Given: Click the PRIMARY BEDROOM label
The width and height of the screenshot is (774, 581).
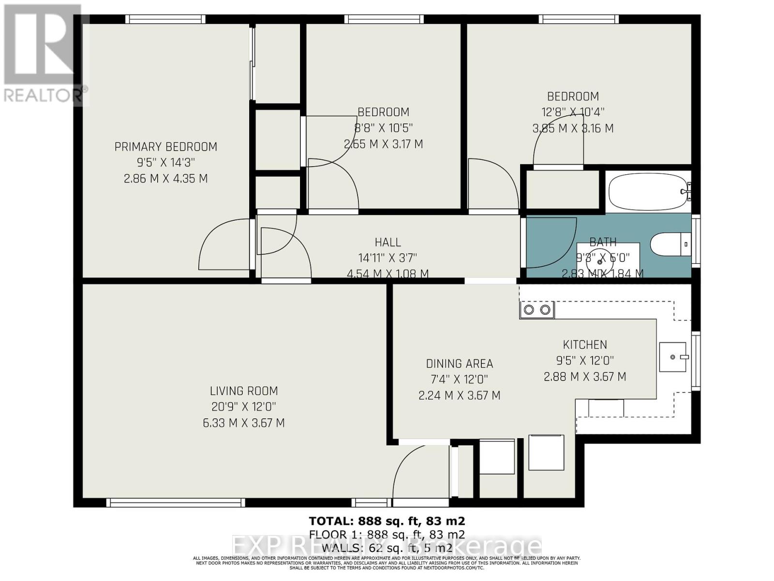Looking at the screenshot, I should click(x=165, y=147).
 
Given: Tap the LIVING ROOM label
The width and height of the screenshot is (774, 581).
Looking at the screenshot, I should click(x=243, y=391).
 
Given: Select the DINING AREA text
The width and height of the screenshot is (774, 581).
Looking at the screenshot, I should click(x=459, y=364).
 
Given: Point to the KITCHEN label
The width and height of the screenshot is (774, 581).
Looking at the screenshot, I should click(x=584, y=345).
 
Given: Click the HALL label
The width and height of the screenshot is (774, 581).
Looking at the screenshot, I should click(x=387, y=242).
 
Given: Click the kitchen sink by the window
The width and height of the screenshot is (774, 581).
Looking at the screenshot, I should click(x=673, y=357).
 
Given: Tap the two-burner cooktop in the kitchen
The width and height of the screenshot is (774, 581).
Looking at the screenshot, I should click(x=537, y=309).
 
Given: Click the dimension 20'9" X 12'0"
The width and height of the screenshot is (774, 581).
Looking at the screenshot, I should click(x=243, y=407).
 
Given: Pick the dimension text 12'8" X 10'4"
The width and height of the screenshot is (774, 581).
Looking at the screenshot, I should click(x=573, y=112).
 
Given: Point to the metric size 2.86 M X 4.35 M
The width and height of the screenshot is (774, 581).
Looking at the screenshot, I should click(x=165, y=179).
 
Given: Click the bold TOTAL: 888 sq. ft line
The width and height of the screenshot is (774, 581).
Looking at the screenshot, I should click(x=387, y=521).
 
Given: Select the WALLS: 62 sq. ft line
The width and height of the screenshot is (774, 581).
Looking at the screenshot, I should click(x=387, y=548).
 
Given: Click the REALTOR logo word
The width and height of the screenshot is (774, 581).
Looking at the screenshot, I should click(x=44, y=95).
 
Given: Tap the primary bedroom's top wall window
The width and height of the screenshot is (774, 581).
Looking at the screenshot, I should click(x=165, y=19).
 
